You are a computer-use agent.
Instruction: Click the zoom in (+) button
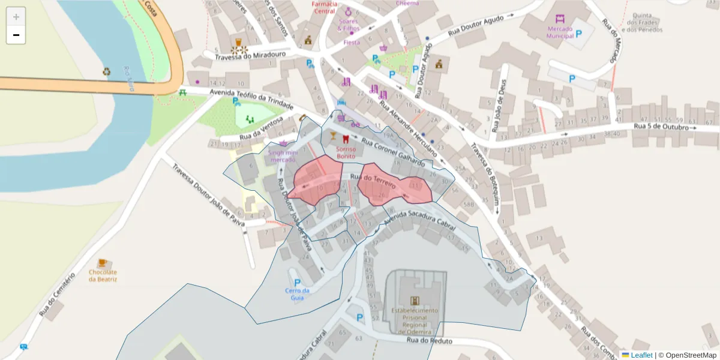click(16, 17)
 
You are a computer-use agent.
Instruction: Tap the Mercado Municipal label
click(560, 32)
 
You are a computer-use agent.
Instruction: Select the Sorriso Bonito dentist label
click(346, 152)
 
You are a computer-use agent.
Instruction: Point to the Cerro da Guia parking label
click(297, 294)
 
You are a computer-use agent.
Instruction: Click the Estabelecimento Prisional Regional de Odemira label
click(415, 321)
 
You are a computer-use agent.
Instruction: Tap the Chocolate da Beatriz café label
click(103, 275)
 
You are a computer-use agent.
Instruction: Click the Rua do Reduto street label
click(430, 341)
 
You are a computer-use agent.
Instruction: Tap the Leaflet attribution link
click(641, 355)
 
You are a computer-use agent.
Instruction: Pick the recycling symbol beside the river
click(107, 71)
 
